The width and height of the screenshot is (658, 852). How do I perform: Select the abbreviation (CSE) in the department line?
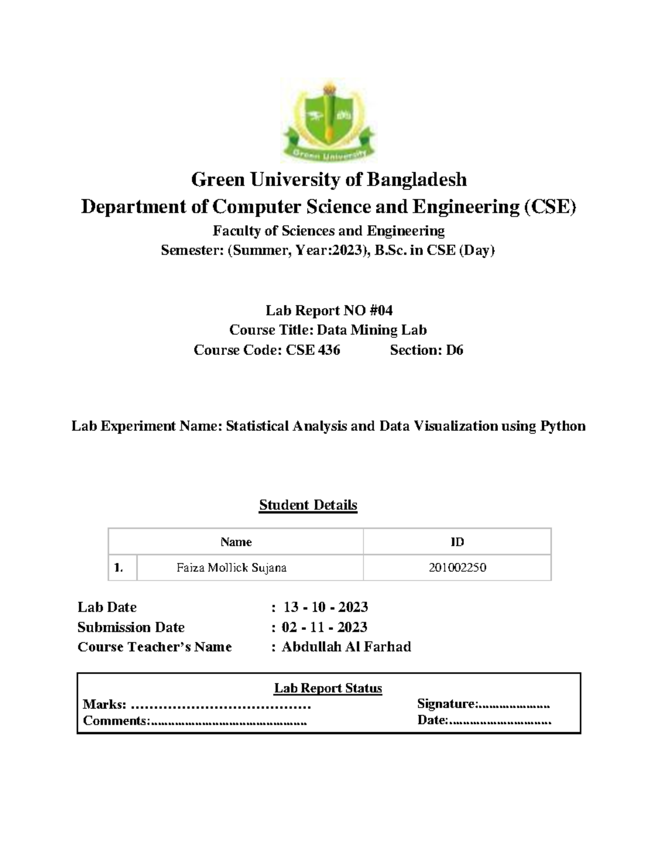[550, 207]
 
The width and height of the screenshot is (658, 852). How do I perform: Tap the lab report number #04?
[381, 311]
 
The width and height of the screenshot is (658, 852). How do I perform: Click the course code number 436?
[328, 350]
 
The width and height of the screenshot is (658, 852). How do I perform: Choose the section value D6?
[455, 350]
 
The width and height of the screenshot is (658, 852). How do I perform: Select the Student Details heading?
[308, 505]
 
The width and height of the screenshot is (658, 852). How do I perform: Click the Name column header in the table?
[236, 542]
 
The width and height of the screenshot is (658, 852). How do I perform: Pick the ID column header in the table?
[457, 542]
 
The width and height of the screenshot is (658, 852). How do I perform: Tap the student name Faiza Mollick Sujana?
[231, 568]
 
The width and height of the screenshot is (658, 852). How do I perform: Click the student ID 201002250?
[457, 568]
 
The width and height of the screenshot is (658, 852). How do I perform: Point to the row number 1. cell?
[119, 568]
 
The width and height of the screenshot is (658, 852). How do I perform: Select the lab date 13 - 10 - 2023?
[326, 607]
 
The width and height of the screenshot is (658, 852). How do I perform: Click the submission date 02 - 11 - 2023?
[325, 627]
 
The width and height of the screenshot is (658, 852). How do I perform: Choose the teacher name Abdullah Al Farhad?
[346, 647]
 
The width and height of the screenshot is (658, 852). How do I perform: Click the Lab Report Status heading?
[328, 688]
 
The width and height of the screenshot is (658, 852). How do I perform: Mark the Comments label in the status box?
[116, 721]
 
